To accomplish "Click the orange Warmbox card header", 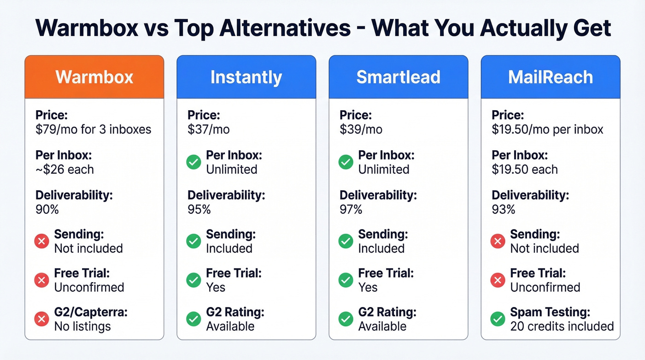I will pyautogui.click(x=94, y=77).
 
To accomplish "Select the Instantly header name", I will pyautogui.click(x=246, y=77).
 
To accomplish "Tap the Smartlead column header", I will pyautogui.click(x=398, y=77).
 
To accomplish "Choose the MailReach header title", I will pyautogui.click(x=550, y=77).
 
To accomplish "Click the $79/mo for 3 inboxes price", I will pyautogui.click(x=93, y=130).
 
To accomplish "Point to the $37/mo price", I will pyautogui.click(x=208, y=130).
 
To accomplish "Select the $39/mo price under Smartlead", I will pyautogui.click(x=361, y=130).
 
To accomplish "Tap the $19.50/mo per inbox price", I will pyautogui.click(x=547, y=130).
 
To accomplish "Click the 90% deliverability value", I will pyautogui.click(x=47, y=209).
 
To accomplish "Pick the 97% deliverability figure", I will pyautogui.click(x=351, y=209).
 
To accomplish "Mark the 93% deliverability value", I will pyautogui.click(x=503, y=209).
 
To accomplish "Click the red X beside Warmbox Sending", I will pyautogui.click(x=41, y=241).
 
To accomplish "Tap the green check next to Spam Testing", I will pyautogui.click(x=498, y=319).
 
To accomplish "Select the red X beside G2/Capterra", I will pyautogui.click(x=41, y=319).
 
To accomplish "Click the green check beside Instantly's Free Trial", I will pyautogui.click(x=193, y=280).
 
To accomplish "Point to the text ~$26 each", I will pyautogui.click(x=64, y=169).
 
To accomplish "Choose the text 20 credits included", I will pyautogui.click(x=562, y=326).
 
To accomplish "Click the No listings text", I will pyautogui.click(x=82, y=326).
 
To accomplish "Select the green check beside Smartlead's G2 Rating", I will pyautogui.click(x=346, y=319).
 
